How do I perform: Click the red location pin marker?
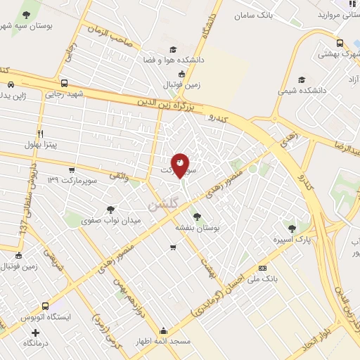point(180,165)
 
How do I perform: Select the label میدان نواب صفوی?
point(111,220)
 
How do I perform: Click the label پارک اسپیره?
point(292,239)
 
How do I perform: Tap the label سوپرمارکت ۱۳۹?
point(72,181)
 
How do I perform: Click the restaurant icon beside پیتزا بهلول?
point(41,134)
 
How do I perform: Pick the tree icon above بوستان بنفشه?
point(196,217)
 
